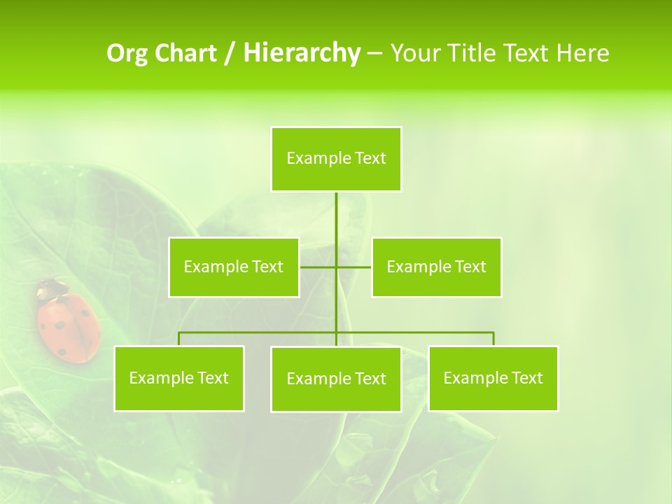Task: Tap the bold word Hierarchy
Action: [302, 53]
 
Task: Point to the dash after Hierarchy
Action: [374, 53]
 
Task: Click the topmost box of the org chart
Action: [336, 159]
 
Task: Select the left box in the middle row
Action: [234, 267]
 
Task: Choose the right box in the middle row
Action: [436, 267]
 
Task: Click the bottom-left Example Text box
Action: [179, 379]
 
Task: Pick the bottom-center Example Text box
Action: [336, 379]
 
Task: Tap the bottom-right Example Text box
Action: [493, 379]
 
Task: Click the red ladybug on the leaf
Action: [68, 326]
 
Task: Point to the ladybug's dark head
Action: [50, 287]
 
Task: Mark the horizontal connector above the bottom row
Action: [259, 332]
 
